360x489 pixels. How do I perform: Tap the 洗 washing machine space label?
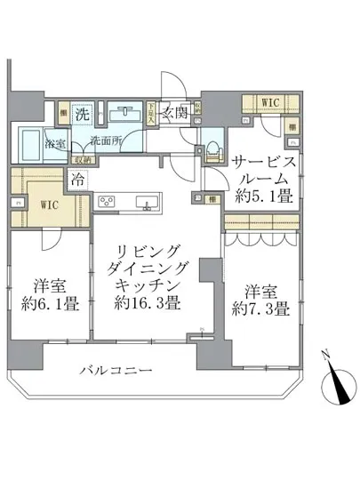(83, 115)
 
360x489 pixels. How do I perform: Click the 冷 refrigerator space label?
(80, 176)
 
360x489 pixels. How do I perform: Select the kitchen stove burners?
(109, 200)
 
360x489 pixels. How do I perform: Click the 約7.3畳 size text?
(257, 310)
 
